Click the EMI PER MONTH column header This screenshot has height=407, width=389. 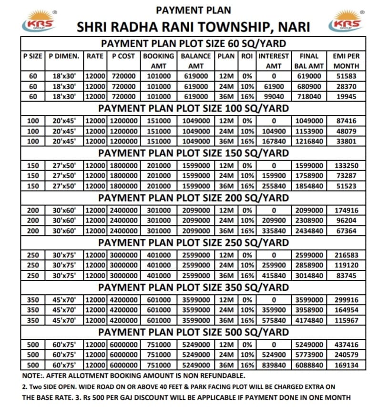pos(346,61)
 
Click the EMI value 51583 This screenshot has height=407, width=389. pos(346,76)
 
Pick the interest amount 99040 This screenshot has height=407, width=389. pos(274,96)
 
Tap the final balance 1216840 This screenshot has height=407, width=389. pos(309,141)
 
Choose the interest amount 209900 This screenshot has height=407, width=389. pos(274,220)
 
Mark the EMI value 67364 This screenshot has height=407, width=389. pos(346,231)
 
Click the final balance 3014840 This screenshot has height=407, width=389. pos(309,275)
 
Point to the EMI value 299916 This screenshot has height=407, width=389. pos(346,300)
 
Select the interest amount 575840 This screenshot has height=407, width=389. pos(274,320)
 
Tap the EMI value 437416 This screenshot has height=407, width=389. pos(346,345)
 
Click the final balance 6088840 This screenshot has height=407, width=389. pos(309,365)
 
